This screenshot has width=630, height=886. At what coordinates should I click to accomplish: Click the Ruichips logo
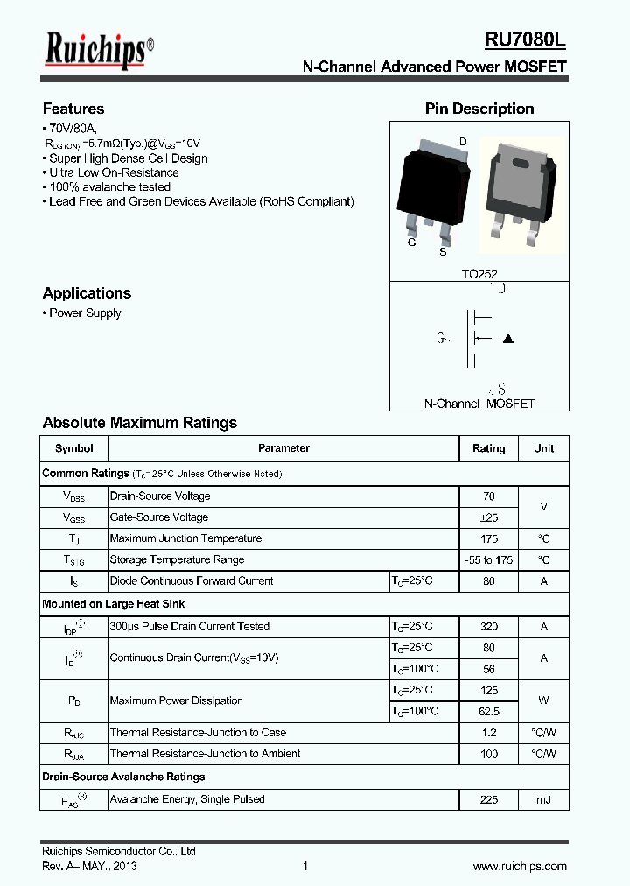click(98, 51)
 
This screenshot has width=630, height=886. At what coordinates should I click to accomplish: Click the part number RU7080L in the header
click(525, 41)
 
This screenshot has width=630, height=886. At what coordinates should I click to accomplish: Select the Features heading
click(73, 109)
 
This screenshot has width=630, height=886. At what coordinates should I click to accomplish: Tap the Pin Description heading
click(479, 109)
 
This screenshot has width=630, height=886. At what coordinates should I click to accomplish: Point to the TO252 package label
click(479, 274)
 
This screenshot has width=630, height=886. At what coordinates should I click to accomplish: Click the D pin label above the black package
click(463, 142)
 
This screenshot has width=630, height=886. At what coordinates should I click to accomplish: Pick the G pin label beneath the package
click(411, 243)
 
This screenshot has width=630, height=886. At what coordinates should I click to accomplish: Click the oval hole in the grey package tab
click(520, 161)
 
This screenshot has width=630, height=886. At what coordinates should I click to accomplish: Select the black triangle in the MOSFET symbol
click(508, 339)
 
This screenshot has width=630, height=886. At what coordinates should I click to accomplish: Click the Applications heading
click(87, 293)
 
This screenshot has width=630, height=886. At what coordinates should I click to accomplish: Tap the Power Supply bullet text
click(85, 313)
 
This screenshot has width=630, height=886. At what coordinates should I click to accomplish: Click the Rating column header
click(488, 448)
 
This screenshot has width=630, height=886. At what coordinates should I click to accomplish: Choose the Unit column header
click(543, 448)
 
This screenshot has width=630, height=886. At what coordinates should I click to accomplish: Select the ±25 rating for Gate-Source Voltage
click(488, 517)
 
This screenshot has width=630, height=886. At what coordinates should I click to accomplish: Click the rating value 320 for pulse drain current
click(488, 627)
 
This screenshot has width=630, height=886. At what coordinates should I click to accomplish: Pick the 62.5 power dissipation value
click(488, 712)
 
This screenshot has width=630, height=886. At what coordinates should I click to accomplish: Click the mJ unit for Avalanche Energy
click(543, 799)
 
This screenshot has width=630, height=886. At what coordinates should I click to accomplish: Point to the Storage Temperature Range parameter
click(177, 559)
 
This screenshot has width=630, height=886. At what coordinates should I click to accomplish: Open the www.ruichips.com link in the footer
click(520, 866)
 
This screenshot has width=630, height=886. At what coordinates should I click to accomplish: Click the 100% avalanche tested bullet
click(109, 187)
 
